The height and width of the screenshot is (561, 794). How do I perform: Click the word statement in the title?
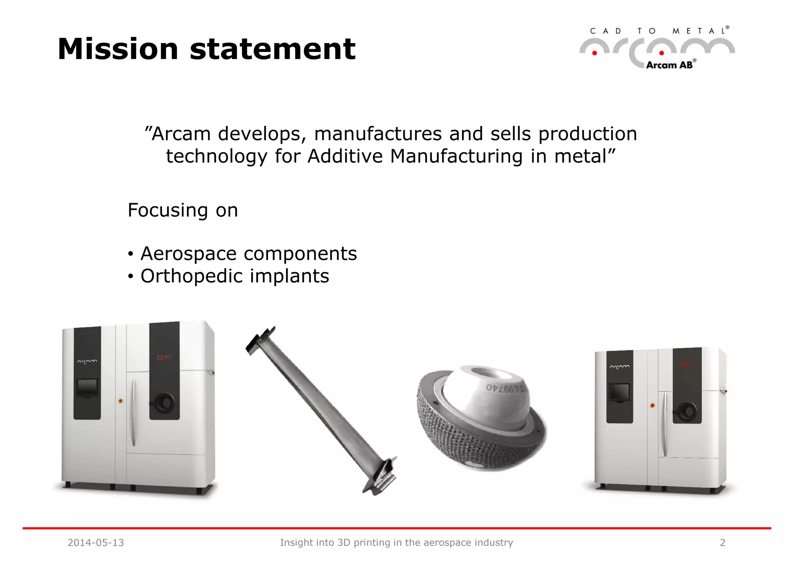pyautogui.click(x=273, y=49)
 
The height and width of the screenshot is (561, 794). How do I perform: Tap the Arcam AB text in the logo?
pyautogui.click(x=669, y=65)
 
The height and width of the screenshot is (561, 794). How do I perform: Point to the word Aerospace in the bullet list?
pyautogui.click(x=188, y=254)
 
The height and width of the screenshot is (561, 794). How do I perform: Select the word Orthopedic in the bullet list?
pyautogui.click(x=191, y=276)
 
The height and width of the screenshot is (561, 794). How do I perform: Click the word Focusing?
pyautogui.click(x=167, y=211)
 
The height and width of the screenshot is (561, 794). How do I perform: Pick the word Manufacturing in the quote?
pyautogui.click(x=456, y=156)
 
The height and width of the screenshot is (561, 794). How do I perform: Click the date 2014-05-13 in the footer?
pyautogui.click(x=96, y=542)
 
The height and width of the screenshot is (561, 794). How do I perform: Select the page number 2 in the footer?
pyautogui.click(x=722, y=542)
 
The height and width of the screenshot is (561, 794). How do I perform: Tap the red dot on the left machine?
pyautogui.click(x=121, y=401)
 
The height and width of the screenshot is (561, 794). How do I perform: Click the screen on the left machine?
pyautogui.click(x=88, y=387)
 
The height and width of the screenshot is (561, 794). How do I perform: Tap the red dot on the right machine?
pyautogui.click(x=652, y=406)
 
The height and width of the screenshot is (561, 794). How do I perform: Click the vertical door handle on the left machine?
pyautogui.click(x=133, y=413)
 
